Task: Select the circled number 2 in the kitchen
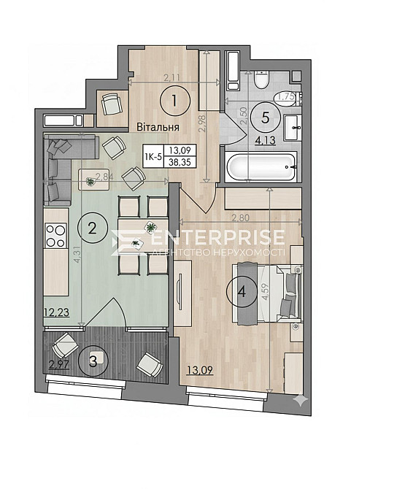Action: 92,228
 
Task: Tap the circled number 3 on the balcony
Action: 93,360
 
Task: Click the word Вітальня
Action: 158,127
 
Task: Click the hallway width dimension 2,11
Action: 172,77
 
